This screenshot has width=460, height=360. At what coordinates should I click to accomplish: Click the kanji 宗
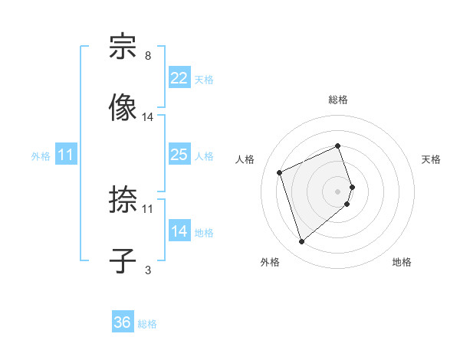(123, 47)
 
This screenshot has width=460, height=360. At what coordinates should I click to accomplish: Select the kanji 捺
(123, 201)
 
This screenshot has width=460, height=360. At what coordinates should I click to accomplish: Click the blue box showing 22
(179, 77)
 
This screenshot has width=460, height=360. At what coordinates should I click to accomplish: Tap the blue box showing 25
(179, 155)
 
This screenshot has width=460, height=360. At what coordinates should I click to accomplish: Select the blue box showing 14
(179, 231)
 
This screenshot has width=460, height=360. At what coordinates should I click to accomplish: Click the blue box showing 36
(123, 322)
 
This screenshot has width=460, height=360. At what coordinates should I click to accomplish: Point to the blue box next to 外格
(66, 155)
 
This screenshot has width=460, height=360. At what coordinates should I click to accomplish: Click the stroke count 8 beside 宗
(148, 56)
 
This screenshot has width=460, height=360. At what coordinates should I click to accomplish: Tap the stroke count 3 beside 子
(148, 270)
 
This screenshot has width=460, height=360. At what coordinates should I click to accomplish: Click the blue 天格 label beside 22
(204, 79)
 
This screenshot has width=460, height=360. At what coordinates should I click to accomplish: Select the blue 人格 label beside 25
(204, 156)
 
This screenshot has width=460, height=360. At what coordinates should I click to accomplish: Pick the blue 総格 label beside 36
(147, 324)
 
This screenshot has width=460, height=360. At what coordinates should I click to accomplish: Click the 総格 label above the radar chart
(338, 100)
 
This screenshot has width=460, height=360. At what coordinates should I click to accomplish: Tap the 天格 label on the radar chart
(432, 159)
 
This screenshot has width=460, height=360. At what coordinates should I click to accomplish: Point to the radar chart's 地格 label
(402, 263)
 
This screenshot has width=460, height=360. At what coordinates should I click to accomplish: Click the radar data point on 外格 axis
(301, 241)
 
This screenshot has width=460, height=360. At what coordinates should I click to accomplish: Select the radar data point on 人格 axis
(280, 172)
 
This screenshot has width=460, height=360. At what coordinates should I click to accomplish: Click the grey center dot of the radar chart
(338, 190)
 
